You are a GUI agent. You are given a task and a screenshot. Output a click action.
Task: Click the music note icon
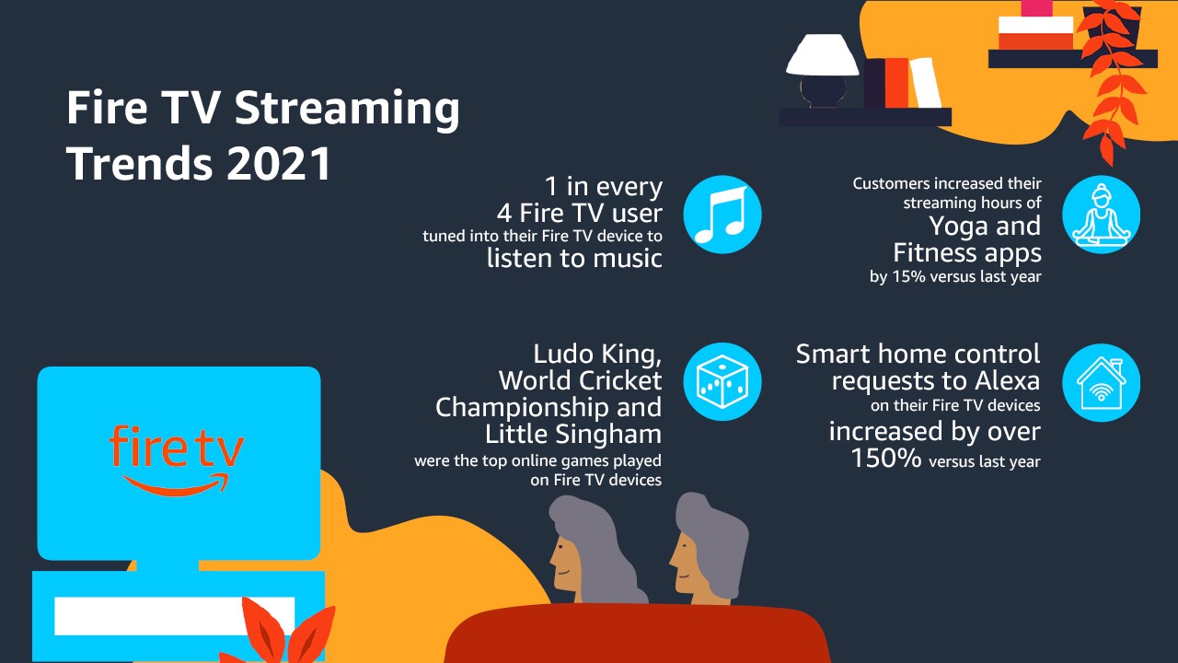pos(722,215)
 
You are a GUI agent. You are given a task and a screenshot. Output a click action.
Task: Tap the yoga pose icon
pos(1102,215)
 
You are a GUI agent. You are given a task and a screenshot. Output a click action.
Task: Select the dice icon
pos(722,381)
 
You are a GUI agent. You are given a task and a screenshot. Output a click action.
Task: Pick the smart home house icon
pos(1102,382)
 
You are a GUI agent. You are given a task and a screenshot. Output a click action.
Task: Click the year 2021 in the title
pos(279,163)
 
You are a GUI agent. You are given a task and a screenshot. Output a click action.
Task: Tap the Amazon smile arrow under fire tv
pos(176,484)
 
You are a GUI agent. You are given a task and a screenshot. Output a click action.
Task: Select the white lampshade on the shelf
pos(822,54)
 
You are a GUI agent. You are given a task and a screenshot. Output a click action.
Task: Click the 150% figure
pos(886,458)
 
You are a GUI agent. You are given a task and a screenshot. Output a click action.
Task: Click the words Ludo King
pos(597,355)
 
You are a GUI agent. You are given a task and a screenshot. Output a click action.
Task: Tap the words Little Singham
pos(573,434)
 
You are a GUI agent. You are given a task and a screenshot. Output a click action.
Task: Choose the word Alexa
pos(1007,380)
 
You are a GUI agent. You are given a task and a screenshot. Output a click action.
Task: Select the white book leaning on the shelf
pos(926,83)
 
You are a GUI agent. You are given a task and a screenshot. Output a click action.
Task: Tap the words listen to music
pos(574,259)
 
